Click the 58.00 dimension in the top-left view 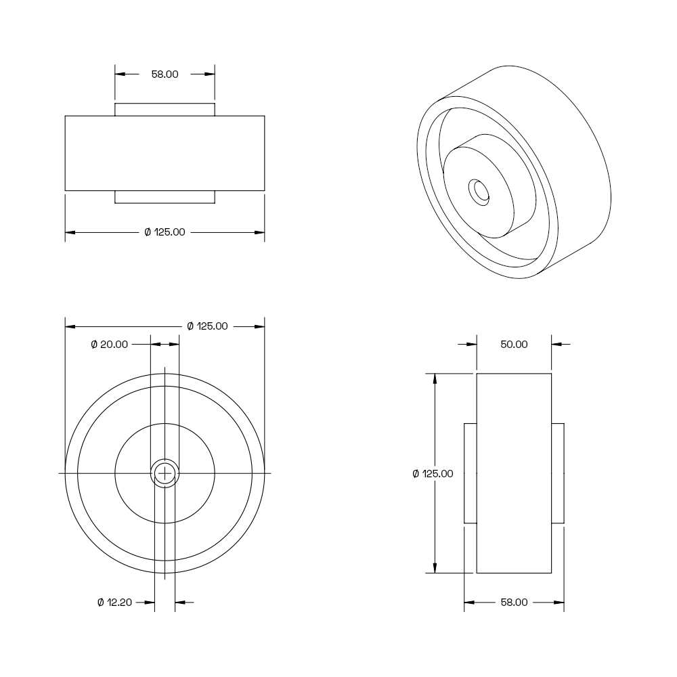[x=165, y=74]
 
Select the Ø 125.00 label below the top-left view [x=165, y=232]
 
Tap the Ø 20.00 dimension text [x=109, y=345]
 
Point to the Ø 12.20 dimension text [x=114, y=603]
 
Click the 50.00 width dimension [x=514, y=345]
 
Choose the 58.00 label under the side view [x=514, y=603]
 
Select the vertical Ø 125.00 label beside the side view [x=433, y=474]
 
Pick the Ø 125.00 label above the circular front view [x=207, y=326]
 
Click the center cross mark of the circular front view [x=165, y=474]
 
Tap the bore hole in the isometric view [x=479, y=192]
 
